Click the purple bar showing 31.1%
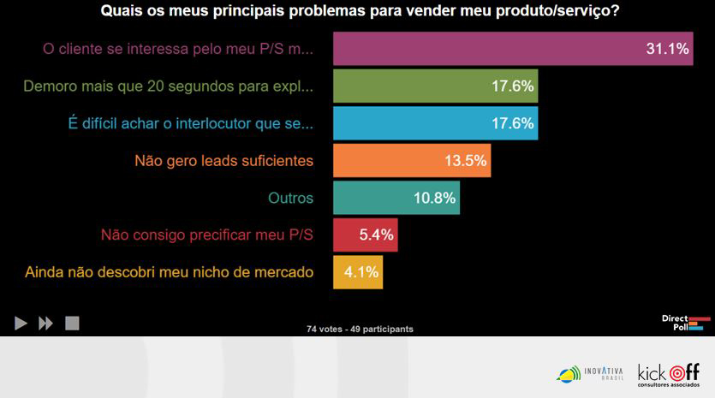pyautogui.click(x=512, y=49)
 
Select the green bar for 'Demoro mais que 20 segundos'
pyautogui.click(x=435, y=86)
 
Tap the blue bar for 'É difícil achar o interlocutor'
pyautogui.click(x=435, y=123)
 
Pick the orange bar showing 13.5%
pyautogui.click(x=411, y=160)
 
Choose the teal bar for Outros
pyautogui.click(x=396, y=198)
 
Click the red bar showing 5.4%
pyautogui.click(x=365, y=235)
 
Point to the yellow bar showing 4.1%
pyautogui.click(x=357, y=272)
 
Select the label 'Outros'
pyautogui.click(x=290, y=198)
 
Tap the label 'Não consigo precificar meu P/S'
pyautogui.click(x=207, y=235)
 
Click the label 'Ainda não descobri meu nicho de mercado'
pyautogui.click(x=170, y=272)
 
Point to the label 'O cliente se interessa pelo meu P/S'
pyautogui.click(x=178, y=49)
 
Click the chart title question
pyautogui.click(x=360, y=12)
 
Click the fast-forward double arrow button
pyautogui.click(x=46, y=324)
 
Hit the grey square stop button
pyautogui.click(x=72, y=324)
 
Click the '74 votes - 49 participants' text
pyautogui.click(x=360, y=329)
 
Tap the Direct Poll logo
pyautogui.click(x=686, y=323)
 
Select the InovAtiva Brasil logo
pyautogui.click(x=590, y=373)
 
